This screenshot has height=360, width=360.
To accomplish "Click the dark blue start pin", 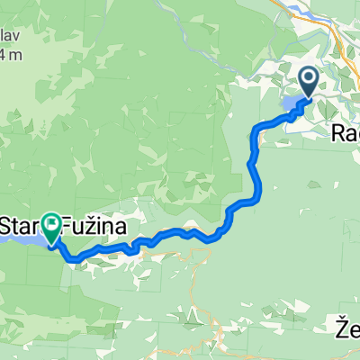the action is [308, 82].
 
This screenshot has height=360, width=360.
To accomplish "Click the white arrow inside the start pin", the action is [308, 79].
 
